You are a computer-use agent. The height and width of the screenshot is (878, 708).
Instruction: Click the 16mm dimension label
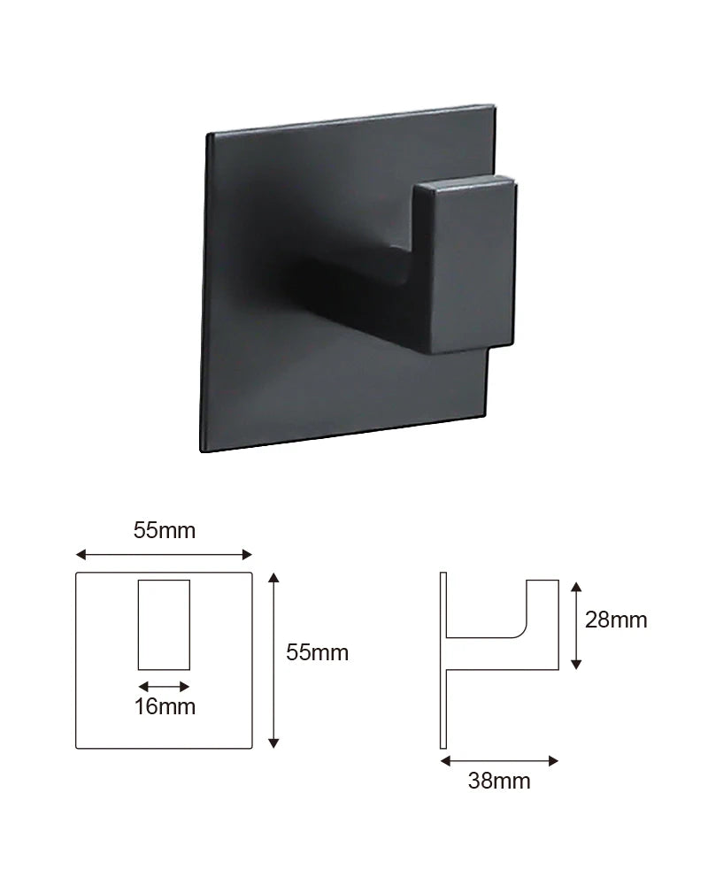tap(164, 706)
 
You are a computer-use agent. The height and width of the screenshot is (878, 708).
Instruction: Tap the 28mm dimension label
tap(616, 620)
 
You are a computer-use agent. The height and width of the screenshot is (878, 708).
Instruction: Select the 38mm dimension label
tap(499, 781)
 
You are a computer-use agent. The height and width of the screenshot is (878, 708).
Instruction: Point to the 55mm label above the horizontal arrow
tap(165, 531)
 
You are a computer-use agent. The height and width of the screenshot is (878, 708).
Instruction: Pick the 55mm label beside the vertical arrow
tap(317, 653)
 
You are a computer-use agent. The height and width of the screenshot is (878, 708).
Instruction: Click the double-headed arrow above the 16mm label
tap(164, 686)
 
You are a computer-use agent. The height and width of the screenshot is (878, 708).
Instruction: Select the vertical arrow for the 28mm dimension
tap(576, 625)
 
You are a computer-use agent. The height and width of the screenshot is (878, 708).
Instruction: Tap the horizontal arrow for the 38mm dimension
tap(499, 759)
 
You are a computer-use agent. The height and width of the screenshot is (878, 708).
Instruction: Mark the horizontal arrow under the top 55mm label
tap(164, 555)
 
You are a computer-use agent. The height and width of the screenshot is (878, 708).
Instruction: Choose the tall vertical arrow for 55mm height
tap(273, 660)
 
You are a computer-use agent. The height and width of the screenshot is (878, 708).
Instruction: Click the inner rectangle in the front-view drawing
tap(164, 624)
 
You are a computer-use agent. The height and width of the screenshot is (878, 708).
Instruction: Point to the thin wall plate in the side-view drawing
tap(443, 660)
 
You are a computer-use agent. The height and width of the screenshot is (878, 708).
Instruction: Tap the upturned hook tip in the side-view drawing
tap(543, 602)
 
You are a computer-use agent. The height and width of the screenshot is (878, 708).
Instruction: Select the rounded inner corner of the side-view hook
tap(522, 630)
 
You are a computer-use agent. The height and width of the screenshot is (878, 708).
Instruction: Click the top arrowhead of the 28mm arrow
tap(576, 586)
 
